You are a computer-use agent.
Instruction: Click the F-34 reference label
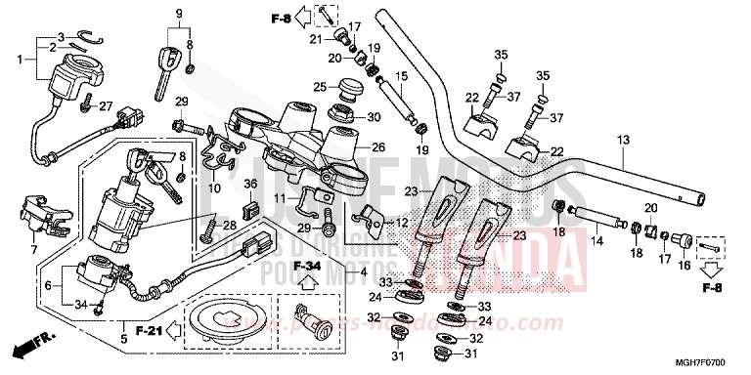coord(309,266)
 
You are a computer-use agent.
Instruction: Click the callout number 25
coord(320,88)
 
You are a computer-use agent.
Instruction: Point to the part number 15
coord(399,76)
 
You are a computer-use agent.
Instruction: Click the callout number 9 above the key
coord(179,12)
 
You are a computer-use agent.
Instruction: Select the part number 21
coord(316,38)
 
